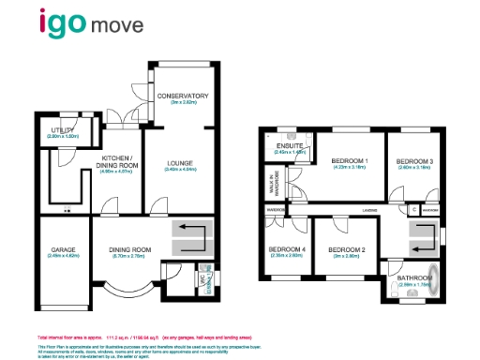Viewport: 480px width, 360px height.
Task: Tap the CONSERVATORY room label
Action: pos(183,97)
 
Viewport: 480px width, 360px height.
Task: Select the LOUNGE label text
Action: pos(180,163)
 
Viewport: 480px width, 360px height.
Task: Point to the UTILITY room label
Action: pos(63,131)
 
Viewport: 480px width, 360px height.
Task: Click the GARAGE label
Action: pos(63,249)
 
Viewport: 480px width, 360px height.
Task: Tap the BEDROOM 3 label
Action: pos(412,162)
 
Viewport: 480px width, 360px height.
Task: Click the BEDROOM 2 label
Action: pos(345,248)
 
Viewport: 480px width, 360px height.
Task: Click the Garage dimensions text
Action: pos(63,256)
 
